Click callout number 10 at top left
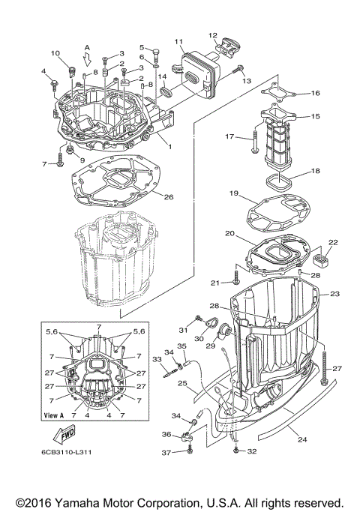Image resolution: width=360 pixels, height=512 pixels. click(55, 53)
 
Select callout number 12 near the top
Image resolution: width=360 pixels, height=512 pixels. click(212, 34)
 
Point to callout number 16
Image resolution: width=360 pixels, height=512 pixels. click(315, 93)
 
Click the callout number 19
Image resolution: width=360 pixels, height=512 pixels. click(235, 193)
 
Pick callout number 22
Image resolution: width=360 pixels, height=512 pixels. click(333, 242)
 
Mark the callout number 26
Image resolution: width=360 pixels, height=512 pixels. click(169, 197)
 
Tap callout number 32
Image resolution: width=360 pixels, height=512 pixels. click(253, 451)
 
